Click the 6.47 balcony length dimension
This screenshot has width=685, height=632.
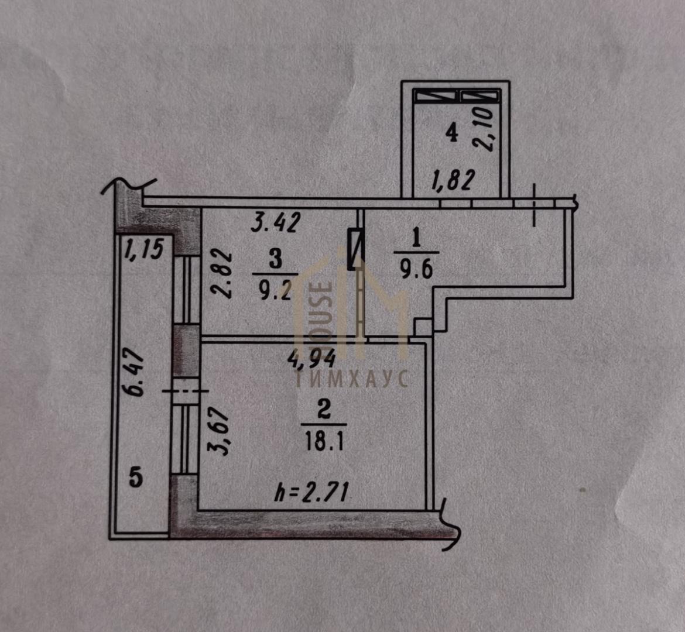click(x=136, y=372)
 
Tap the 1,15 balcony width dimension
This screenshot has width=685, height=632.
click(x=143, y=249)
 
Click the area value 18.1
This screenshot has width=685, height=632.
click(x=324, y=441)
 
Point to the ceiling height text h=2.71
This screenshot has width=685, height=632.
click(x=312, y=493)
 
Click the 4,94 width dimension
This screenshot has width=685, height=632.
click(x=311, y=359)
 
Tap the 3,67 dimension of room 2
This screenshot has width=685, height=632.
click(x=220, y=431)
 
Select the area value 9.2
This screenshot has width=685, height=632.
click(x=275, y=290)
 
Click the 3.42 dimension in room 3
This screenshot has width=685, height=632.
click(x=276, y=222)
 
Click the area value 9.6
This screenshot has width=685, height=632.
click(x=416, y=270)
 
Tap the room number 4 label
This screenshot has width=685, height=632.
click(x=452, y=132)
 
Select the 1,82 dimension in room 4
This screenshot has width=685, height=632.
click(x=453, y=180)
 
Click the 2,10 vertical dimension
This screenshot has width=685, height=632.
click(x=486, y=129)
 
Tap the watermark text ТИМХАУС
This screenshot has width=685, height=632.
click(x=352, y=378)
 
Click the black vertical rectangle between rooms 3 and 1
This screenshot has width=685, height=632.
click(x=356, y=249)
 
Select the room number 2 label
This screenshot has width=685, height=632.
click(x=324, y=411)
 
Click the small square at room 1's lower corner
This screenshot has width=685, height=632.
click(x=423, y=328)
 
